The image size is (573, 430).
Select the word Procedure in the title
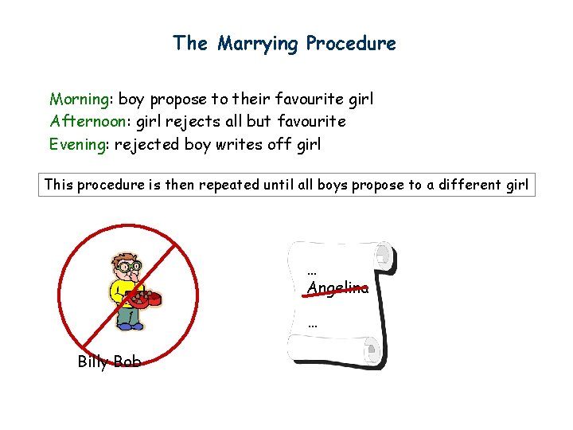click(351, 43)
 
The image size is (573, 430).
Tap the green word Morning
click(80, 100)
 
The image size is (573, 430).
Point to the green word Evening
click(79, 145)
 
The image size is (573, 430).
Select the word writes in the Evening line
click(237, 144)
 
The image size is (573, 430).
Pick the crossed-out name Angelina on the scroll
click(338, 288)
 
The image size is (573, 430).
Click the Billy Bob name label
click(109, 362)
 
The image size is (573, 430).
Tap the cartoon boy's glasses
click(129, 267)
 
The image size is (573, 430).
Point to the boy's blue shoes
click(129, 326)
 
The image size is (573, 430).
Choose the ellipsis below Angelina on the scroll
click(312, 323)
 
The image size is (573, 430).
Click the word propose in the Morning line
click(179, 100)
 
